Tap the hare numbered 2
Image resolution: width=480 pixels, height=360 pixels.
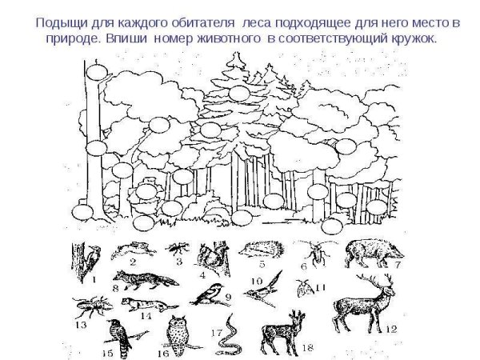[134, 250]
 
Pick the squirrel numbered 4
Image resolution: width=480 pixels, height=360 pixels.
[212, 257]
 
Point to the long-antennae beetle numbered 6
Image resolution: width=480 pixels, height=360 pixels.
[316, 255]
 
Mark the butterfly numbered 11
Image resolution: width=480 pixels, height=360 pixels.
[304, 286]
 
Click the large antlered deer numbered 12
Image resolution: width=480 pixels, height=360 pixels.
[364, 304]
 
